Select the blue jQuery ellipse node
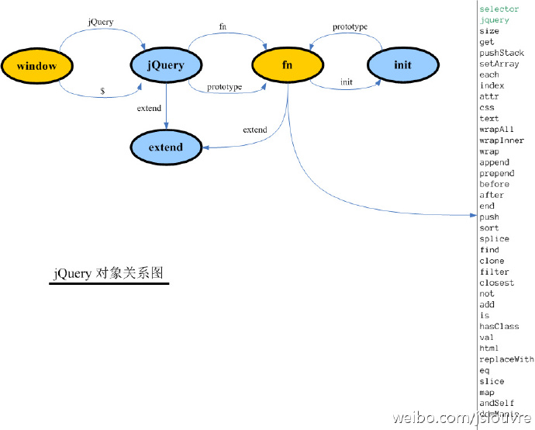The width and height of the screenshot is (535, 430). pos(165,66)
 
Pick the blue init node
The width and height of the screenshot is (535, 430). pos(402,65)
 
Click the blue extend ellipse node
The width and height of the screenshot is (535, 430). pos(166,147)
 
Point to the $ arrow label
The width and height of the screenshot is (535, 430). pos(102,91)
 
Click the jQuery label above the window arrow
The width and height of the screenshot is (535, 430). pos(102,22)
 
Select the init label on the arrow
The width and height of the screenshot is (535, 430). pos(347,81)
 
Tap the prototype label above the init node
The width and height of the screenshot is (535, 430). pos(350,27)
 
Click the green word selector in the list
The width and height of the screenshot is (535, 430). pos(499,9)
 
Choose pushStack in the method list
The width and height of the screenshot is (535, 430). pos(502,53)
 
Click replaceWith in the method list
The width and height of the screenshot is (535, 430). pos(506,359)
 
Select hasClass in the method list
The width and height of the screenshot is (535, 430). pos(499,327)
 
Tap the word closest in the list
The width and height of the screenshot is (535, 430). pos(497,283)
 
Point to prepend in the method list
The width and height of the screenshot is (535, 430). pos(497,173)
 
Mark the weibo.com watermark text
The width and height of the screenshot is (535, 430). pos(461,419)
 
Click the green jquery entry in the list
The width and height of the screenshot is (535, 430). pos(495,20)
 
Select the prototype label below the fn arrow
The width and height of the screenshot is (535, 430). pos(224,86)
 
